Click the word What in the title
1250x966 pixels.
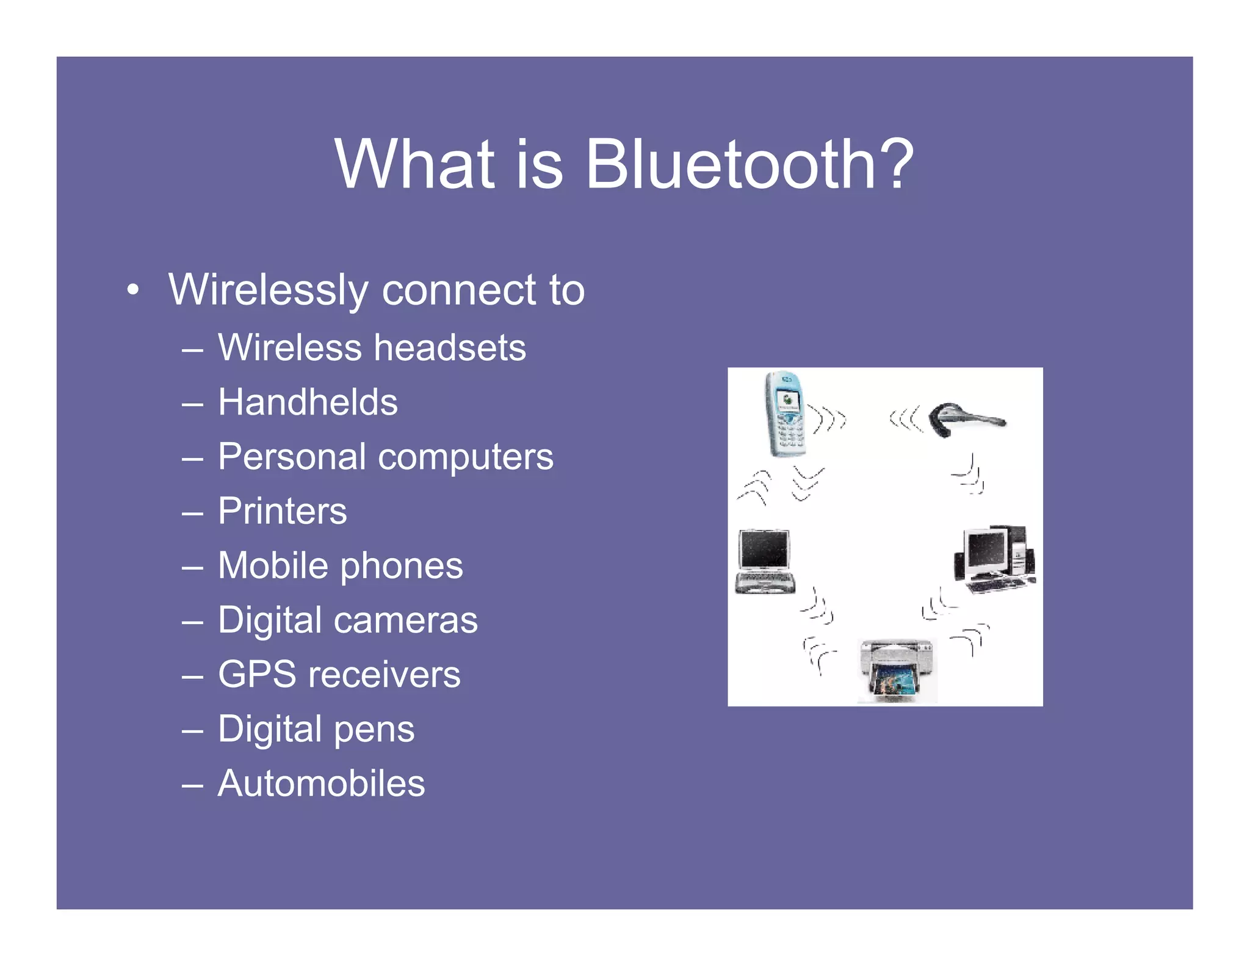(x=414, y=164)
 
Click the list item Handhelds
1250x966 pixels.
(x=308, y=402)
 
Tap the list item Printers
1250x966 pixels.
(x=282, y=510)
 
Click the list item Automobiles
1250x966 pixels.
(x=321, y=783)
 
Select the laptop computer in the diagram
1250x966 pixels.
(x=764, y=561)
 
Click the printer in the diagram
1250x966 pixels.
(x=896, y=670)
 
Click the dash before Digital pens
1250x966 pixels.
(x=192, y=730)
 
